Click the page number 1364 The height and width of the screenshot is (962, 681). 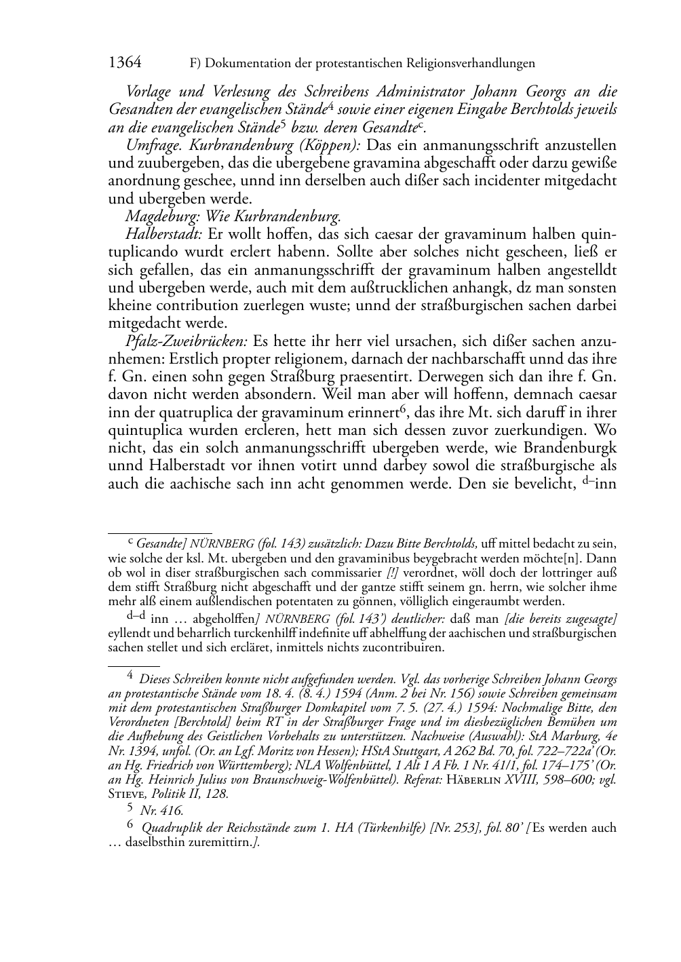click(x=125, y=63)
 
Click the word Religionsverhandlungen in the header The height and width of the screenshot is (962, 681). click(x=471, y=64)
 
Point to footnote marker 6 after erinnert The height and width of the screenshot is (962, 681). click(x=402, y=408)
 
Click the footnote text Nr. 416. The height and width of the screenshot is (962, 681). click(x=161, y=810)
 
